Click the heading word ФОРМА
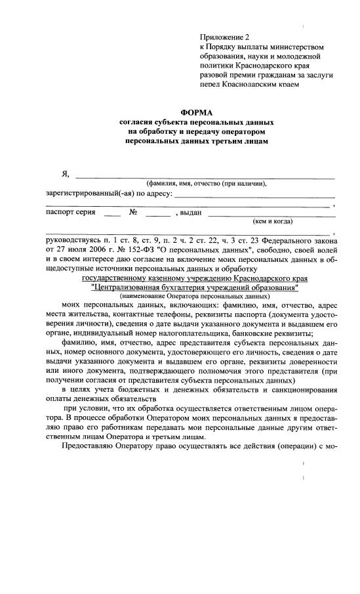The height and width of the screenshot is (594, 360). (197, 112)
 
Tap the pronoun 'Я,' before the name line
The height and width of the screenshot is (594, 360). (65, 174)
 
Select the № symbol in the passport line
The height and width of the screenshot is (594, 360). (132, 212)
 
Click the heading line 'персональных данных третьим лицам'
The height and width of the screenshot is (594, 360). (197, 141)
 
